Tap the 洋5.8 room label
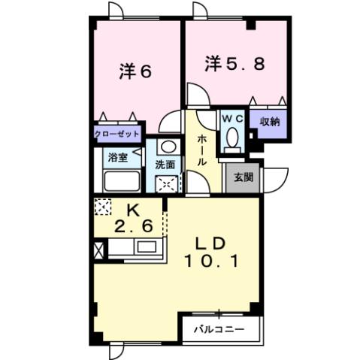pos(234,65)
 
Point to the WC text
pos(231,118)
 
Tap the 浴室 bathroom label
pos(117,159)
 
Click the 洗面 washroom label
pos(165,165)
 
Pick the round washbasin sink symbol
pos(168,147)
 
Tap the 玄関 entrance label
pos(243,178)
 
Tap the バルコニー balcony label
pos(219,329)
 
